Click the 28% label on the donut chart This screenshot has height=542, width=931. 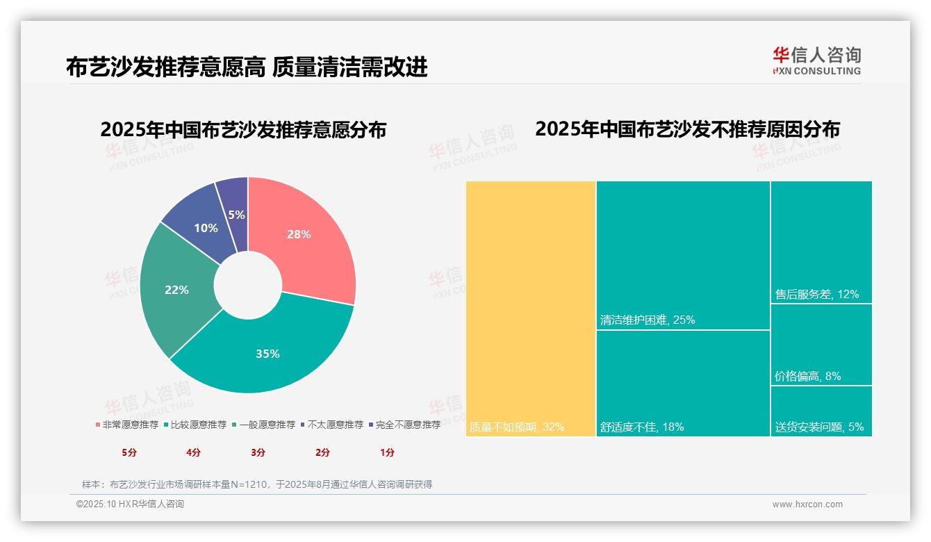[x=299, y=235]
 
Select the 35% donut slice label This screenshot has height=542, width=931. [x=267, y=354]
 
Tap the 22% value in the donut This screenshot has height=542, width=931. [x=176, y=290]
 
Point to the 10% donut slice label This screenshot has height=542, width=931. [x=206, y=228]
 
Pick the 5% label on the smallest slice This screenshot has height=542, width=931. [x=236, y=215]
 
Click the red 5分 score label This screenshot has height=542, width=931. [x=129, y=452]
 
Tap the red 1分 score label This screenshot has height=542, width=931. [x=387, y=452]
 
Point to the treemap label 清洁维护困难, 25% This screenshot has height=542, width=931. [x=648, y=320]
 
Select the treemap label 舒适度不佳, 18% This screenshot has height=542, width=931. [x=642, y=427]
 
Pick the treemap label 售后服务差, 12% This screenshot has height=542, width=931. [x=817, y=295]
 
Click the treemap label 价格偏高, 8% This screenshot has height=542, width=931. [x=808, y=377]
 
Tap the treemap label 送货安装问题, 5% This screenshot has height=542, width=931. [x=820, y=427]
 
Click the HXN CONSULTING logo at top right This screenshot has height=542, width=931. [x=817, y=61]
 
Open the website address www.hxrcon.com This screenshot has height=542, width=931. [x=807, y=504]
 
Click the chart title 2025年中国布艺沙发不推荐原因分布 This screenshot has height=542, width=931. [x=687, y=129]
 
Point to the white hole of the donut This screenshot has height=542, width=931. [x=247, y=286]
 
